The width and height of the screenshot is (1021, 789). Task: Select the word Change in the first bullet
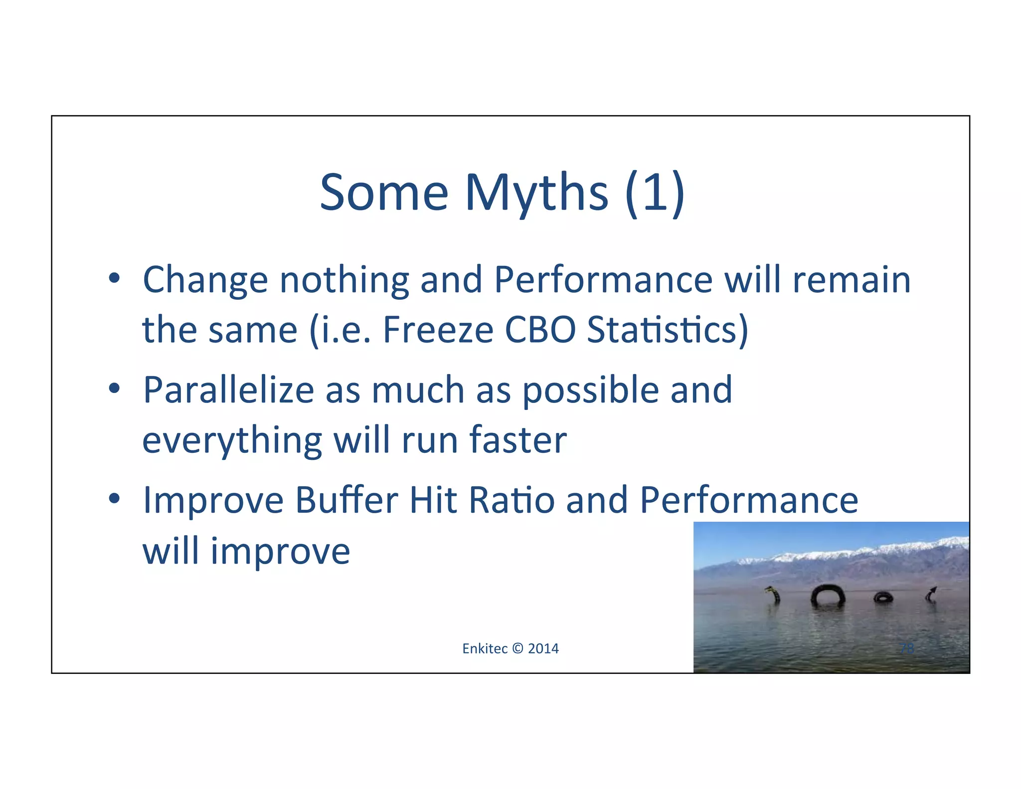tap(205, 280)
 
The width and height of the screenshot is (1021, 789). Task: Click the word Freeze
tap(438, 330)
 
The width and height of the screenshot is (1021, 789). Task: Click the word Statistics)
tap(668, 330)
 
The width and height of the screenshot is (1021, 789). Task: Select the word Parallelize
tap(228, 390)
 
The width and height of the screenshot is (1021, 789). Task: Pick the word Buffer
tap(346, 501)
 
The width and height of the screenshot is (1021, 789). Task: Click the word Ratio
tap(511, 501)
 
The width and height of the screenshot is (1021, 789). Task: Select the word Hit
tap(433, 501)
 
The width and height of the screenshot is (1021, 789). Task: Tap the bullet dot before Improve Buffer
tap(114, 498)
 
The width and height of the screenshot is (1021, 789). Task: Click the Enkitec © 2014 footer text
tap(510, 648)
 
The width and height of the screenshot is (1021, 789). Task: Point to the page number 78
tap(907, 648)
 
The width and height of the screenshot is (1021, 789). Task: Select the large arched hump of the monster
tap(828, 593)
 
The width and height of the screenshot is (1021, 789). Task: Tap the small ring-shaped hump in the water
tap(883, 597)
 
